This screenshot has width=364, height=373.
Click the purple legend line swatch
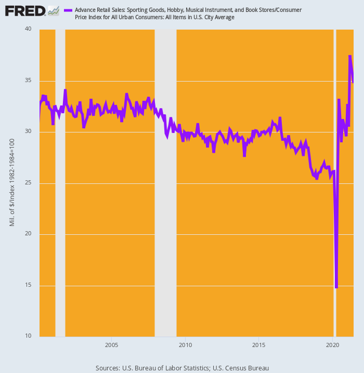click(x=68, y=10)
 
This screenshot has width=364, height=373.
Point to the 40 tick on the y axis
click(x=29, y=30)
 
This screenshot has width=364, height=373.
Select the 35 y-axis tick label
click(x=29, y=81)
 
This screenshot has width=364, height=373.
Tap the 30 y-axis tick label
click(x=29, y=131)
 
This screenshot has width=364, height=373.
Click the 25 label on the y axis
click(x=29, y=183)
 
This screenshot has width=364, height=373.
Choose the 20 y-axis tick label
click(x=29, y=234)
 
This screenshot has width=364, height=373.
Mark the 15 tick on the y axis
click(x=29, y=285)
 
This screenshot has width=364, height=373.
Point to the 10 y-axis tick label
click(x=29, y=336)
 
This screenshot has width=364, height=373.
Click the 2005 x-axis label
click(x=111, y=345)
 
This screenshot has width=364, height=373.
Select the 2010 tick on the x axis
click(x=185, y=345)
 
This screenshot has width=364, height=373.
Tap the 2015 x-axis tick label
click(x=259, y=345)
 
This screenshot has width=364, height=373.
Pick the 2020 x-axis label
click(x=333, y=345)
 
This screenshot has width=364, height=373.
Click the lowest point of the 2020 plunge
click(x=336, y=287)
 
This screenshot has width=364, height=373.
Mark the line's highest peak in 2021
click(x=350, y=56)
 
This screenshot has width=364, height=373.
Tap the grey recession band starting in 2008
click(x=165, y=182)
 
